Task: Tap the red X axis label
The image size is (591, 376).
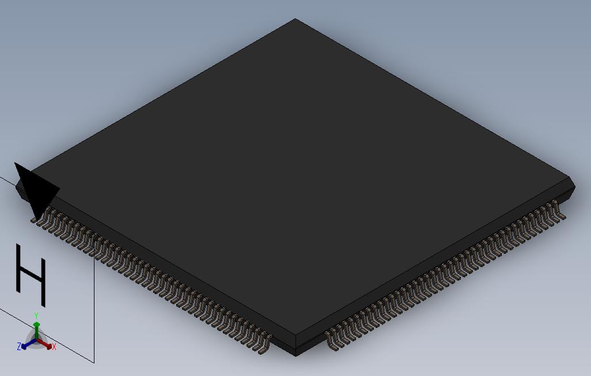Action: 54,347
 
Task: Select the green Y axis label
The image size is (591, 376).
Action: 36,316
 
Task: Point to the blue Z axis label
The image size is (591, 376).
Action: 19,346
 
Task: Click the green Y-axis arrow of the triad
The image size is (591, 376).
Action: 36,328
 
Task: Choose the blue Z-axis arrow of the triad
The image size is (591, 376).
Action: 26,345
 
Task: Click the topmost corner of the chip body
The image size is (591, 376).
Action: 295,20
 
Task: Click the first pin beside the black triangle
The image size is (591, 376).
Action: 40,220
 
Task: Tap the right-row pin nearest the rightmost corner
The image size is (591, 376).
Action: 556,207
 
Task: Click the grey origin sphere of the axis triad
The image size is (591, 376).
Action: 36,341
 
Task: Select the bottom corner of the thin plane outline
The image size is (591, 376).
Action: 94,362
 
